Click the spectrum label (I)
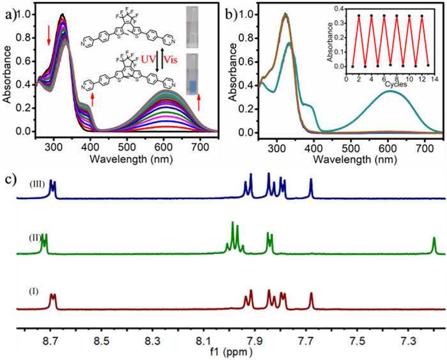click(36, 291)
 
